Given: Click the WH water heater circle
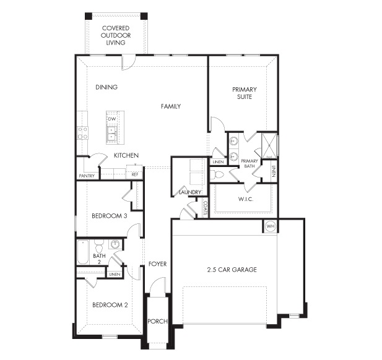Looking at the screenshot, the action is [271, 226].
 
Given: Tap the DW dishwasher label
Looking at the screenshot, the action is [112, 119].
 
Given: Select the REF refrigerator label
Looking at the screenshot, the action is [135, 174].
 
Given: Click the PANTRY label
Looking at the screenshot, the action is [87, 176].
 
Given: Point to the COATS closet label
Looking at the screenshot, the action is [205, 208].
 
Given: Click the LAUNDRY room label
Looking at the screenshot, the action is [190, 192].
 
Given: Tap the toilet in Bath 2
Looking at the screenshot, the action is [99, 246].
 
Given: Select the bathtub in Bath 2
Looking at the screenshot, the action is [83, 252].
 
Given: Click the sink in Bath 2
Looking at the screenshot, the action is [115, 244].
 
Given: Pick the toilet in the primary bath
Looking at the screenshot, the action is [217, 174].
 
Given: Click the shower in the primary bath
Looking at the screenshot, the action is [269, 145].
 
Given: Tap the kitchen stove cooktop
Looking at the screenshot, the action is [82, 133].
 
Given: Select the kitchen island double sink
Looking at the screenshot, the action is [112, 134].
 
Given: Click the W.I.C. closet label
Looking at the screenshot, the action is [246, 199].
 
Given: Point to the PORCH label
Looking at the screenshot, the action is [158, 321].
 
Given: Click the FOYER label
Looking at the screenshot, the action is [158, 264].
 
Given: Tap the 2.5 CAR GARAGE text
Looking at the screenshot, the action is [232, 270].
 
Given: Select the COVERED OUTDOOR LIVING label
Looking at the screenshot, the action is [116, 35].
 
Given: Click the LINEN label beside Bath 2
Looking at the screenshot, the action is [115, 274].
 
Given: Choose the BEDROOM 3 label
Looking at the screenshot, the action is [110, 216].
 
